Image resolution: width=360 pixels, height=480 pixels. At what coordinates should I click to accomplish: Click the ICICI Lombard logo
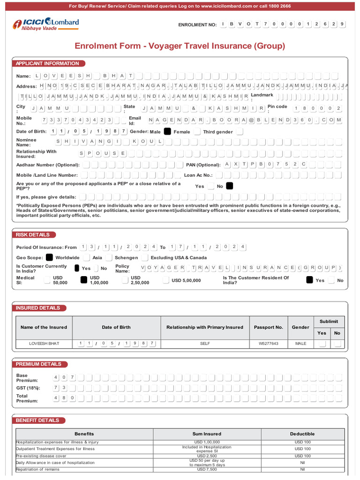coord(45,24)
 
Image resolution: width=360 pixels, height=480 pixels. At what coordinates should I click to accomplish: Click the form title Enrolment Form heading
coord(180,46)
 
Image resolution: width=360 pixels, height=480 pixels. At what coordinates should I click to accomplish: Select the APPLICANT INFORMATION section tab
coord(47,63)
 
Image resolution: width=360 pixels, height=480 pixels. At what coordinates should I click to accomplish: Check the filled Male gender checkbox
coord(167,132)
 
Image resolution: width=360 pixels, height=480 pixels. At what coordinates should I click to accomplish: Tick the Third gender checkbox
coord(240,132)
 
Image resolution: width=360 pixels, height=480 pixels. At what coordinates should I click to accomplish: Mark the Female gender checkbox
coord(197,132)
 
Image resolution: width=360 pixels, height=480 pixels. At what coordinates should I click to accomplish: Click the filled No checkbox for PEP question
coord(229,186)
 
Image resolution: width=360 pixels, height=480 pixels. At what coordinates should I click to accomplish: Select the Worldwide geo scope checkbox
coord(49,257)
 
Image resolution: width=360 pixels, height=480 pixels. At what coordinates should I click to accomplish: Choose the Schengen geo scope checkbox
coord(109,257)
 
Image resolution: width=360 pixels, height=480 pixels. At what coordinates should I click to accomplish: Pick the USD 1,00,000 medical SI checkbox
coord(84,280)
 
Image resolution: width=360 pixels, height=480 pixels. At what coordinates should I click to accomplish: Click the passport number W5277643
coord(268,344)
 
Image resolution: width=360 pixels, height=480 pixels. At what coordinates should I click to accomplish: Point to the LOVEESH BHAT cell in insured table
coord(44,344)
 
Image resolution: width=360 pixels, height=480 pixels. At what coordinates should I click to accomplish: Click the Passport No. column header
coord(268,327)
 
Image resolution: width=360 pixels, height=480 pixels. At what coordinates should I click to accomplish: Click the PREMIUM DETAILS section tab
coord(38,364)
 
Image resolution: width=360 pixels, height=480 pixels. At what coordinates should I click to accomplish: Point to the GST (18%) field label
coord(28,388)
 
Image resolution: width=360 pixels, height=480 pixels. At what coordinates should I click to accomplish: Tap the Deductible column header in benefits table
coord(302,434)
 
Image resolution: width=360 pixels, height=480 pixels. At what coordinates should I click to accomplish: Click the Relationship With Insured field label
coord(36,154)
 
